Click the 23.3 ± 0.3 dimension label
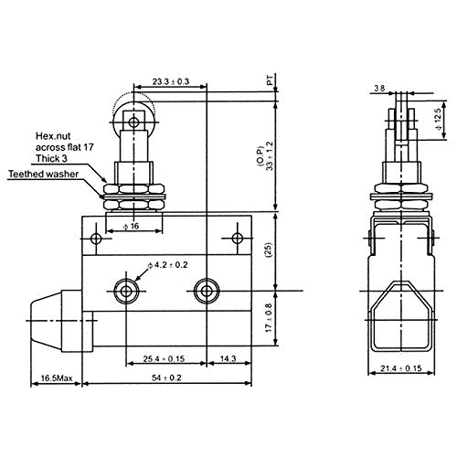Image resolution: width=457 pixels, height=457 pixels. click(x=171, y=81)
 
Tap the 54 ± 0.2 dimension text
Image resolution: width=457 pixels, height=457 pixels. click(x=166, y=377)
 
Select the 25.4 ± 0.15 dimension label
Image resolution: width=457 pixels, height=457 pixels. click(x=164, y=358)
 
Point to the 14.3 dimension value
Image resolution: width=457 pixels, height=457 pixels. click(x=228, y=358)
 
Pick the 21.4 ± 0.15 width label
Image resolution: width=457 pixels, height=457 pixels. click(x=401, y=368)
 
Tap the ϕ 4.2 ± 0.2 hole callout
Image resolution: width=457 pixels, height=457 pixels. click(x=168, y=265)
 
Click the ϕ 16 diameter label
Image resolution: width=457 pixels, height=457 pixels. click(x=131, y=226)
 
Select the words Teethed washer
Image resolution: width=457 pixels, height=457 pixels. click(x=43, y=175)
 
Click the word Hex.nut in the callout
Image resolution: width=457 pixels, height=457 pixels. click(x=53, y=135)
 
